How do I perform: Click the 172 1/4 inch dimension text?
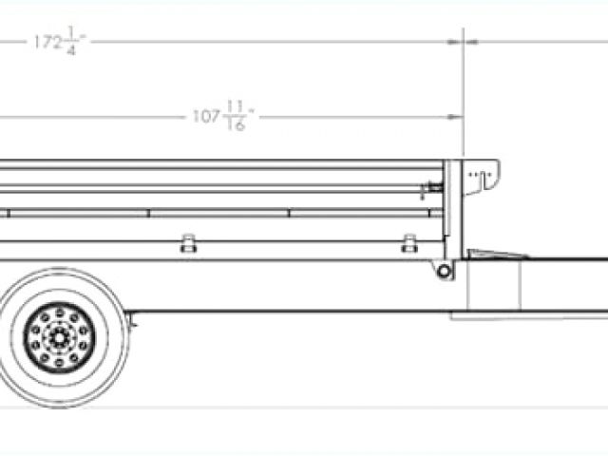coord(60,41)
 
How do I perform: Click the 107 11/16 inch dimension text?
coord(223,116)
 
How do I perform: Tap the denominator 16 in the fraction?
coord(236,124)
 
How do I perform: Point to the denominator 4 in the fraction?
coord(71,50)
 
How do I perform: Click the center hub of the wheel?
coord(59,338)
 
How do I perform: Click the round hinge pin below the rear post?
coord(444,271)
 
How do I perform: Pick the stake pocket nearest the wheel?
coord(188,243)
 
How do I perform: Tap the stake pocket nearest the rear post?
coord(409,243)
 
